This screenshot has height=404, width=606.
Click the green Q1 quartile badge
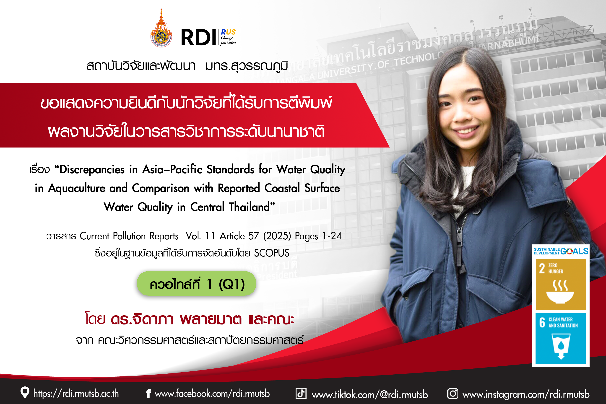click(x=196, y=283)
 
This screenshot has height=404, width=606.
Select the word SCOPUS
click(x=271, y=253)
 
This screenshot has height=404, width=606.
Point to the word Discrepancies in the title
click(x=92, y=170)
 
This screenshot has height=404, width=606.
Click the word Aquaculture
click(x=77, y=188)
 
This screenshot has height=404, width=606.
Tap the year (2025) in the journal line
click(x=277, y=236)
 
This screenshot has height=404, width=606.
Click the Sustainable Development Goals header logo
click(x=561, y=251)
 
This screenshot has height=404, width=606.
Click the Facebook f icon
click(x=148, y=394)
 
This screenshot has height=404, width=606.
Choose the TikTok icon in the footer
click(x=301, y=394)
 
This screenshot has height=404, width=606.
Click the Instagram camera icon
click(x=453, y=394)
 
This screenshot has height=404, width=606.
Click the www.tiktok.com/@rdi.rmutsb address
click(x=370, y=394)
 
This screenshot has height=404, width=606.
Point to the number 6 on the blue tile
click(x=542, y=322)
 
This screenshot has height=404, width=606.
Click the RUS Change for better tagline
click(x=228, y=37)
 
